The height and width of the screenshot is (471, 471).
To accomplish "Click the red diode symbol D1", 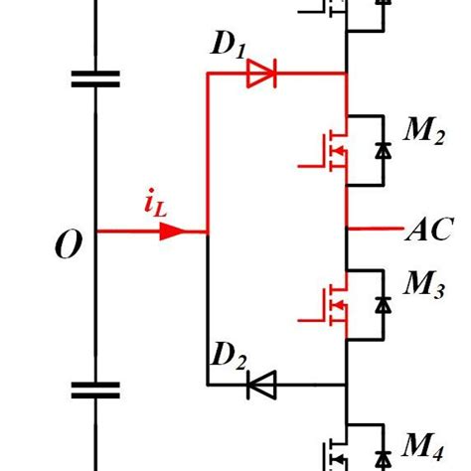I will pos(262,73).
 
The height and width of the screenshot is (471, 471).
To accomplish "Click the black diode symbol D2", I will pos(262,384).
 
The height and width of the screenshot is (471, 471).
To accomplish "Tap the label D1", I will pos(227,46).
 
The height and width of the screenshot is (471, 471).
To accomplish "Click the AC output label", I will pos(428,231).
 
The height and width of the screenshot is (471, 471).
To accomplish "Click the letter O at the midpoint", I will pos(68,244).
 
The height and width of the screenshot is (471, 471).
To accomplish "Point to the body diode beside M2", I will pos(383,151).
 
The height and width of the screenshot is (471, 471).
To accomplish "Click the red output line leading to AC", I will pos(374,231).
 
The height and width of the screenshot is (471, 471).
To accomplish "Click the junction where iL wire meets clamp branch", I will pos(207,232).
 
